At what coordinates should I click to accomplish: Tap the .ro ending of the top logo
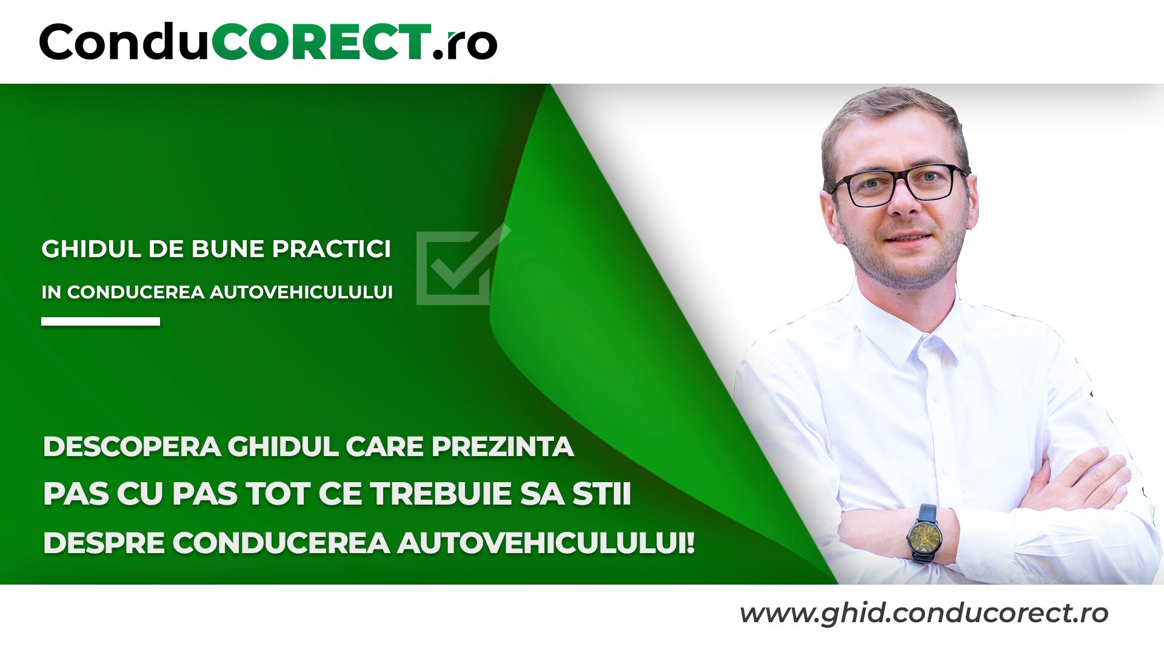[466, 44]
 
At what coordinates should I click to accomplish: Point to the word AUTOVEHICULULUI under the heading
[301, 292]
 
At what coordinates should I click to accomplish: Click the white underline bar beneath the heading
[101, 321]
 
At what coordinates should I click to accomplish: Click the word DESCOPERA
[132, 447]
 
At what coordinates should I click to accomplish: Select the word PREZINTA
[503, 447]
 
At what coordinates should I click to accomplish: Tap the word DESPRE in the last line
[104, 542]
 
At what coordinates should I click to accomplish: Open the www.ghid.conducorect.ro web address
[923, 613]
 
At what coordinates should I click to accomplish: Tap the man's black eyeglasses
[900, 184]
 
